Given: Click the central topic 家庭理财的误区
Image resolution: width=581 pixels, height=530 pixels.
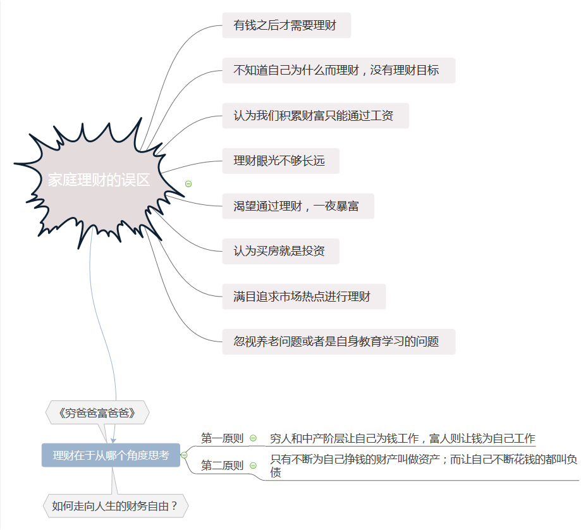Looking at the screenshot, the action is [x=99, y=180].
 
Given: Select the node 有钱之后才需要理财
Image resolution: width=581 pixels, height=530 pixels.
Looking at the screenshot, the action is [x=286, y=25].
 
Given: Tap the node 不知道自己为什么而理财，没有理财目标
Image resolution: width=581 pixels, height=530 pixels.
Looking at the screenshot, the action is [x=338, y=70].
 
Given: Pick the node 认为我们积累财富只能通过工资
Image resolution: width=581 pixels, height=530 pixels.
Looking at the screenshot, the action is [x=315, y=116].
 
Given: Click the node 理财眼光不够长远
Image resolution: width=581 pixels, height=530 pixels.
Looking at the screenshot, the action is [x=280, y=161].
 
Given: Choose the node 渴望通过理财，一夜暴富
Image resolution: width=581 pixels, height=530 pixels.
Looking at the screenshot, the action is [x=298, y=206].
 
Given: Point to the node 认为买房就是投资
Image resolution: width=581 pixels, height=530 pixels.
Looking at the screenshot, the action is [x=280, y=251].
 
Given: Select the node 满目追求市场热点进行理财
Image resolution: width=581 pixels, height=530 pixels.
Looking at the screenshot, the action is [x=303, y=297].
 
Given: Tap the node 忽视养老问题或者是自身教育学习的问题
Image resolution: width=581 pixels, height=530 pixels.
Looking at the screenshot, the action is [x=338, y=342].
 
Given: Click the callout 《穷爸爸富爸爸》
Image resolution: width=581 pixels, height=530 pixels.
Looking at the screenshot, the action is [x=97, y=413].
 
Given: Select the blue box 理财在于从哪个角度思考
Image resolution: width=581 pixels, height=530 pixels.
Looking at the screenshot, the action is [x=111, y=455].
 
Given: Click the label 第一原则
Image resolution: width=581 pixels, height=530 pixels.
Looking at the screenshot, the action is [x=222, y=438].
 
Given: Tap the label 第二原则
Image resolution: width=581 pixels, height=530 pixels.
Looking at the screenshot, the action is [x=222, y=466].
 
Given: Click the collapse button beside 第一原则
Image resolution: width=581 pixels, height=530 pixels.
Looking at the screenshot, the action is [x=254, y=438].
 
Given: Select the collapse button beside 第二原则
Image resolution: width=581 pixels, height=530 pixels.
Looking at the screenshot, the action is [x=254, y=466].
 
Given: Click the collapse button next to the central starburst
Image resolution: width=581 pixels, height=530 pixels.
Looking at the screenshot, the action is [x=188, y=183].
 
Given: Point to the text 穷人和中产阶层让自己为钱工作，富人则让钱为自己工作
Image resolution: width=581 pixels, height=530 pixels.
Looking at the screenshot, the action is [x=402, y=438].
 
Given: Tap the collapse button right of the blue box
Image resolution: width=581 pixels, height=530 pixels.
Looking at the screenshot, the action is [x=184, y=455].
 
